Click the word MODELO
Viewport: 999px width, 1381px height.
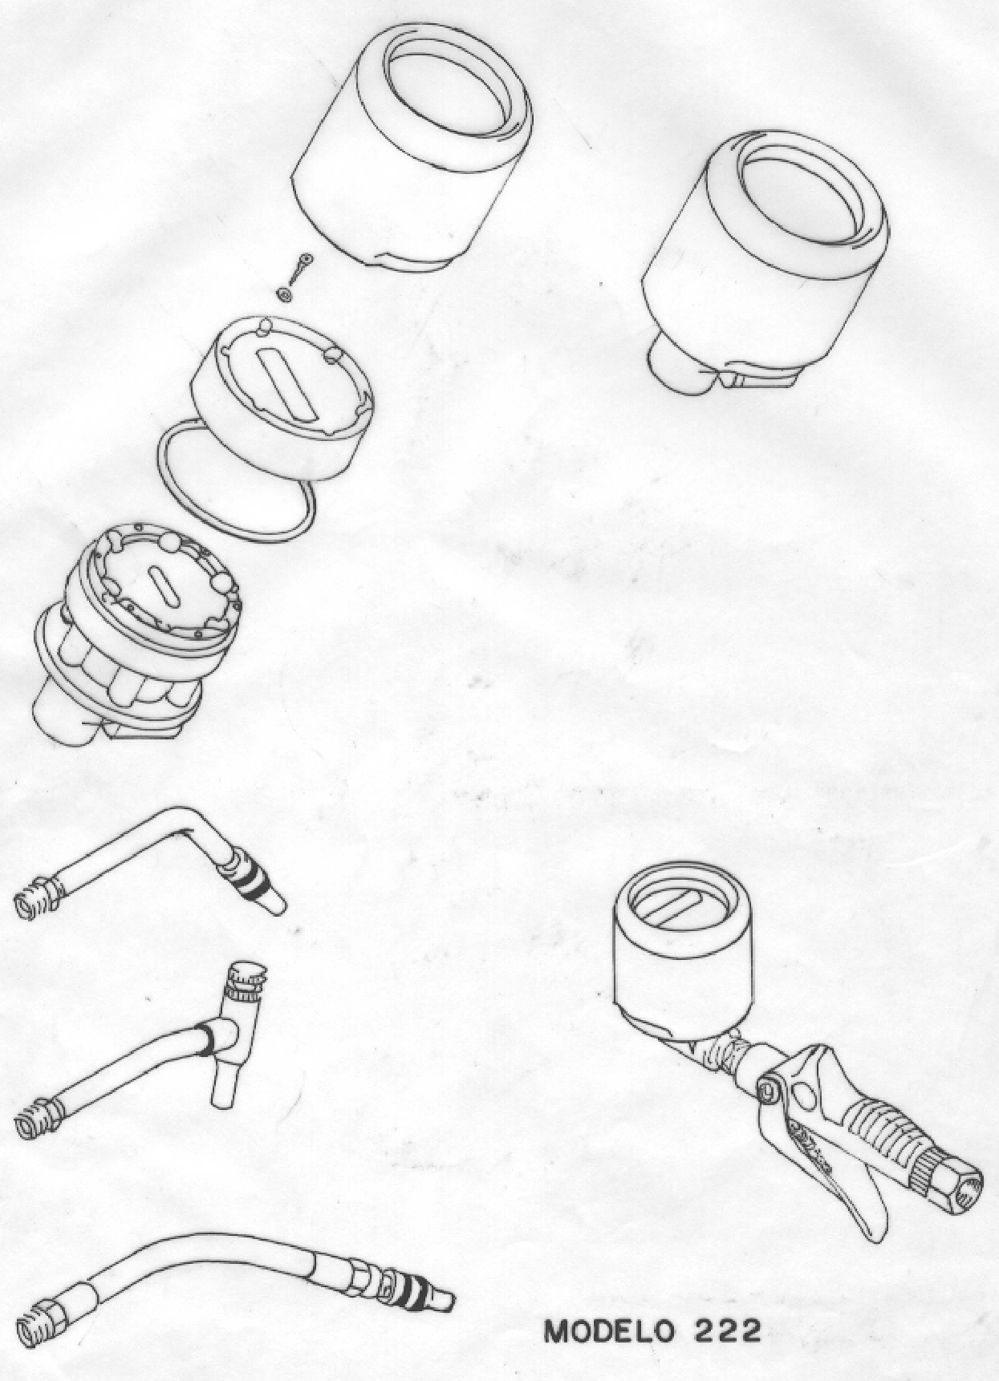click(x=609, y=1332)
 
